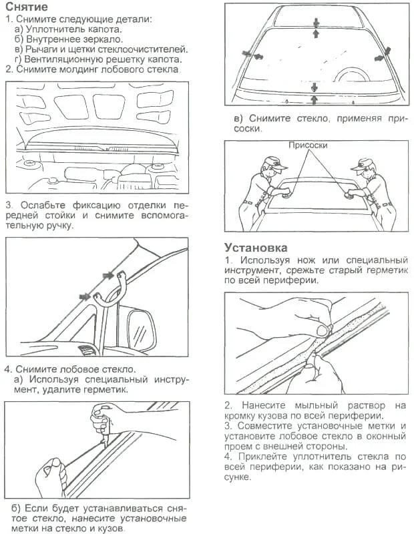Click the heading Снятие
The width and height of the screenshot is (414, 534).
coord(27,7)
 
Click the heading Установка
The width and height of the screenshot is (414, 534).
coord(256,247)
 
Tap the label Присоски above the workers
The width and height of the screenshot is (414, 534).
coord(308,146)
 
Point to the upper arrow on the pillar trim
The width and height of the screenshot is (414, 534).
coord(108,275)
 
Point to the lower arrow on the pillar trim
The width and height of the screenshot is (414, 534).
coord(85,296)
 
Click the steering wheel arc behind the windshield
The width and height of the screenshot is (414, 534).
coord(352,71)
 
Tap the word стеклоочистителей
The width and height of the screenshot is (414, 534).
coord(143,49)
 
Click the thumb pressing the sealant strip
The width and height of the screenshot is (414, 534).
coord(323,329)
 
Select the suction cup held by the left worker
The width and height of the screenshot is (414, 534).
coord(286,195)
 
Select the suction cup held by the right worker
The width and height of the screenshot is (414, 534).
coord(347,195)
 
